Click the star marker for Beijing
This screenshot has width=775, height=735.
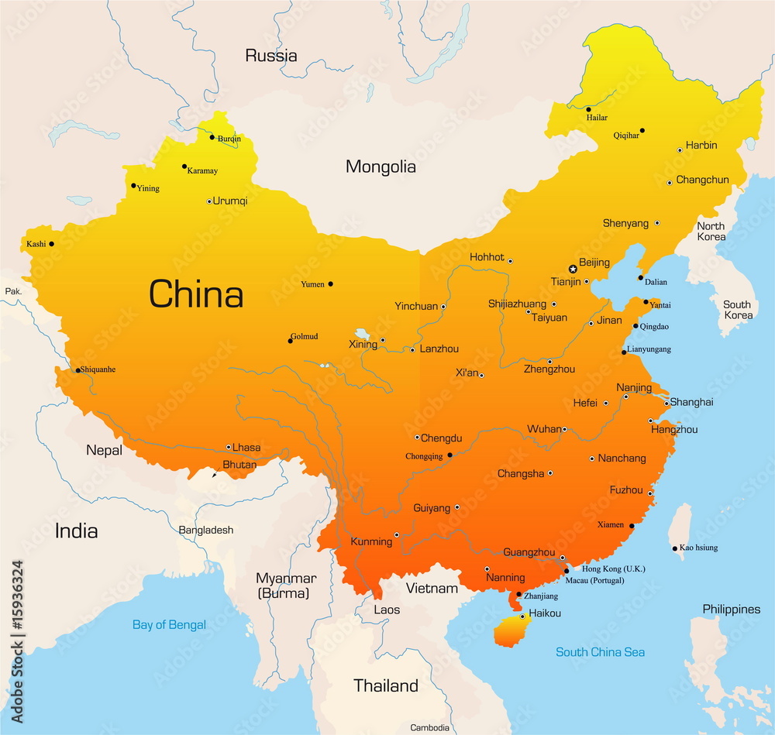pyautogui.click(x=573, y=269)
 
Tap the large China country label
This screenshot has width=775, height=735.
pyautogui.click(x=196, y=295)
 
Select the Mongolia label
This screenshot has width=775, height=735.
pyautogui.click(x=381, y=167)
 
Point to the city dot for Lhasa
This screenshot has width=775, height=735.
pyautogui.click(x=229, y=447)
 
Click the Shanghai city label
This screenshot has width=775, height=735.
pyautogui.click(x=691, y=402)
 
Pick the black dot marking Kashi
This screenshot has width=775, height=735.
pyautogui.click(x=51, y=244)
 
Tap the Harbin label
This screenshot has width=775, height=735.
pyautogui.click(x=701, y=145)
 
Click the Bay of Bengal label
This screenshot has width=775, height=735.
pyautogui.click(x=169, y=624)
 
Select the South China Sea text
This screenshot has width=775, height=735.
pyautogui.click(x=600, y=652)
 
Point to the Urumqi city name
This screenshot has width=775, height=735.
pyautogui.click(x=230, y=201)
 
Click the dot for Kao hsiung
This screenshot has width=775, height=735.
pyautogui.click(x=675, y=548)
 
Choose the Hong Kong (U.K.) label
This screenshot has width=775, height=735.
pyautogui.click(x=614, y=568)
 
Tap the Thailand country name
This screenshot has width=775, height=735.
pyautogui.click(x=386, y=685)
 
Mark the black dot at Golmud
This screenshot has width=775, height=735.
pyautogui.click(x=290, y=341)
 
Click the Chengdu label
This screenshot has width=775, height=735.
pyautogui.click(x=443, y=438)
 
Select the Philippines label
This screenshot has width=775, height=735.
pyautogui.click(x=732, y=609)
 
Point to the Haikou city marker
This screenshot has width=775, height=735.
pyautogui.click(x=522, y=617)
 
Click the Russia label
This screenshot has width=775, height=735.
pyautogui.click(x=271, y=55)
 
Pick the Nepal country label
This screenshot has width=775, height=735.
pyautogui.click(x=104, y=450)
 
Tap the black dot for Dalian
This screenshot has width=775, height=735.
pyautogui.click(x=640, y=278)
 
